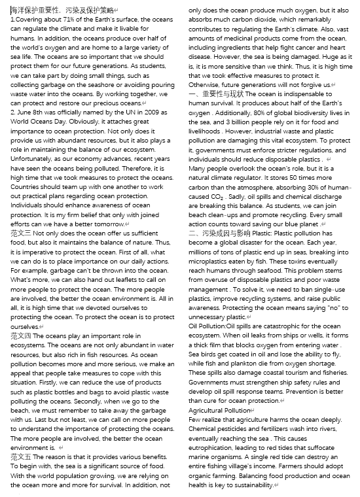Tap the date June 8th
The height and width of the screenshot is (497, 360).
click(x=29, y=113)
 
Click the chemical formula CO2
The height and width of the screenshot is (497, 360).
click(x=217, y=197)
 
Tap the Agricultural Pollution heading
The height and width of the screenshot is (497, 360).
click(x=219, y=410)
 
